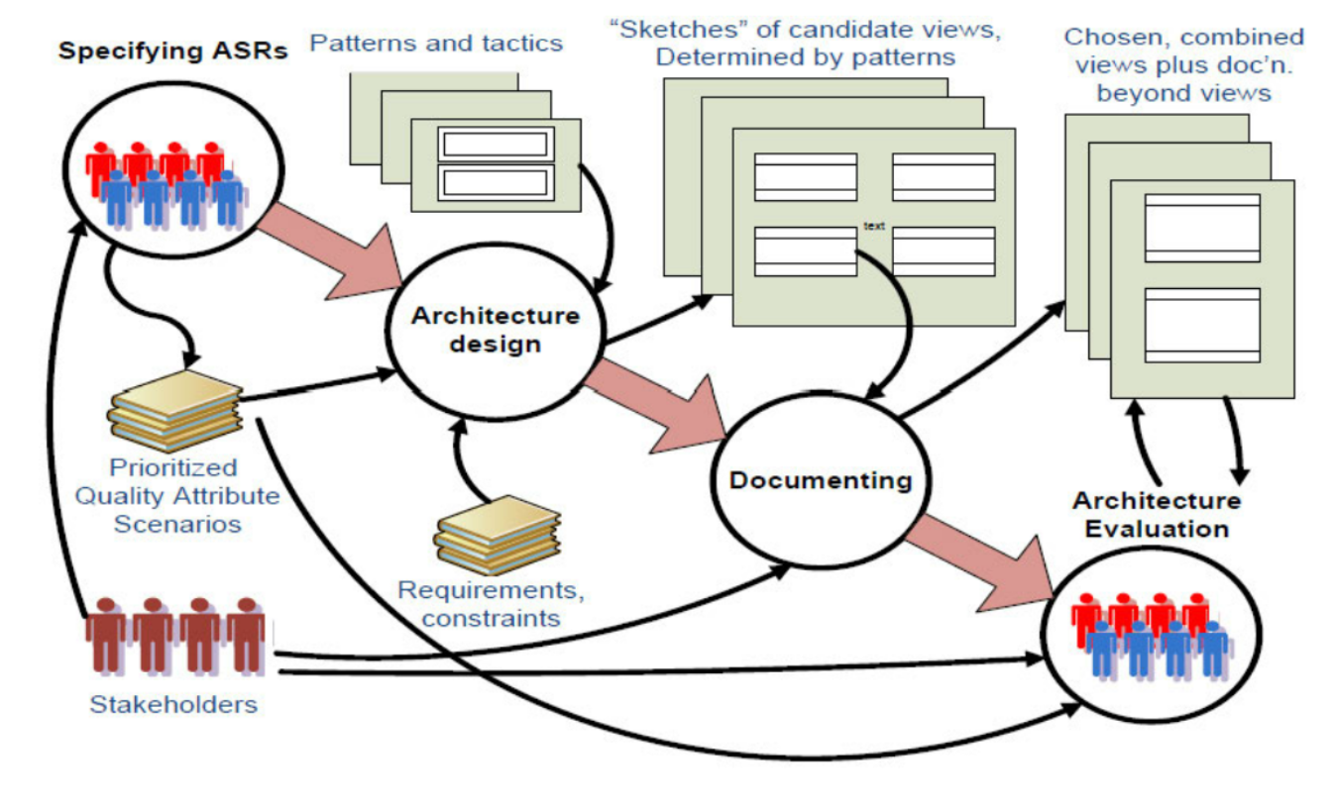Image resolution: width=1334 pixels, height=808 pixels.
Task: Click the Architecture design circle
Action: tap(495, 331)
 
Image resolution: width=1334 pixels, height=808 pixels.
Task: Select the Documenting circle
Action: tap(820, 481)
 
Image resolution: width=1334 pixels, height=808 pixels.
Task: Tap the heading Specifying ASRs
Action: tap(173, 50)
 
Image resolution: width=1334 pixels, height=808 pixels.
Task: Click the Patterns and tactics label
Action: tap(436, 43)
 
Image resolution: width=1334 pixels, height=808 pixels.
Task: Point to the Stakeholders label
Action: tap(173, 705)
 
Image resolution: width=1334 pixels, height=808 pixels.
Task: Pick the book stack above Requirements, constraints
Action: tap(497, 535)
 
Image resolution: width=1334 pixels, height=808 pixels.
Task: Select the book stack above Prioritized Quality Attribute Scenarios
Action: tap(176, 410)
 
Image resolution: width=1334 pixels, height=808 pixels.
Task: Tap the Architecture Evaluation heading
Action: tap(1157, 515)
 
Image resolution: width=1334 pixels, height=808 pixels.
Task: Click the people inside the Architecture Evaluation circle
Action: tap(1152, 634)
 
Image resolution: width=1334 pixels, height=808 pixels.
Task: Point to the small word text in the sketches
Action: tap(873, 227)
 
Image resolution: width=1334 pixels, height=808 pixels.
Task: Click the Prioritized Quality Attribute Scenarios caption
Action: tap(177, 495)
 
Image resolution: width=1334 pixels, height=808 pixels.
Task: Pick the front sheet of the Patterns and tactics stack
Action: tap(496, 165)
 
